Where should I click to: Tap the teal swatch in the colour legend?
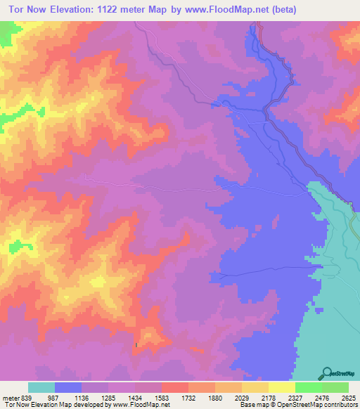pos(41,387)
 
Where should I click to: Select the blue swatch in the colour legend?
pos(68,387)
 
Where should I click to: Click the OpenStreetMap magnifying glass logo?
pos(328,372)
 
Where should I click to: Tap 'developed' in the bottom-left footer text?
pos(86,405)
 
